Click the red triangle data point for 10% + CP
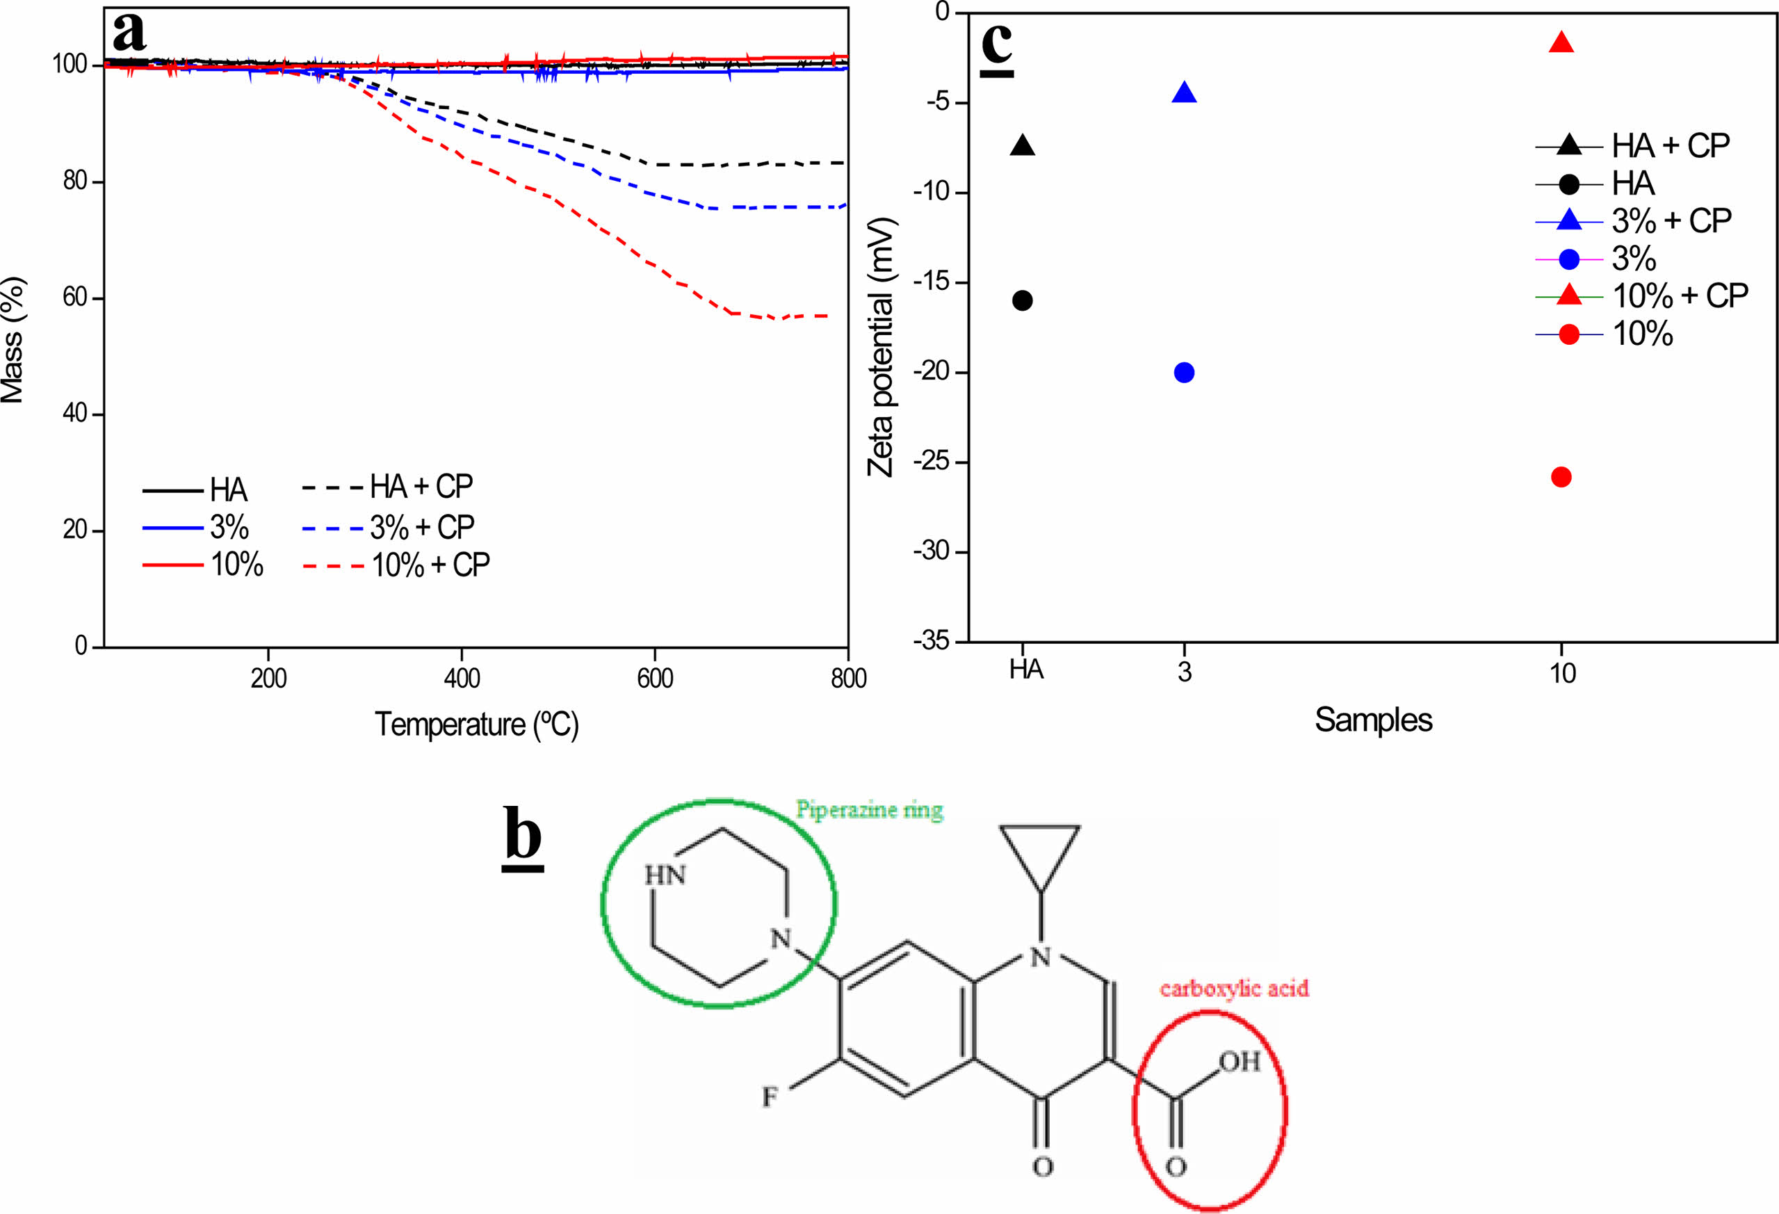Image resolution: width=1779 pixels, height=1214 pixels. (x=1561, y=44)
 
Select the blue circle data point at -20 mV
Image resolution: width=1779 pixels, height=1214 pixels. (x=1183, y=373)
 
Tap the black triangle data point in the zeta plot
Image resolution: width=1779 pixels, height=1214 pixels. (x=1022, y=146)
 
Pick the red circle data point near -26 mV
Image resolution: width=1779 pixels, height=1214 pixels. (x=1561, y=477)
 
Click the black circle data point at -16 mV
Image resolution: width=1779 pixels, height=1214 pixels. (x=1022, y=300)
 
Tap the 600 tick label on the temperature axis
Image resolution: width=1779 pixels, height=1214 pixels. (x=654, y=678)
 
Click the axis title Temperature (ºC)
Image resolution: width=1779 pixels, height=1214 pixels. (x=476, y=723)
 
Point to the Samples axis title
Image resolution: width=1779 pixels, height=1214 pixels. (x=1373, y=720)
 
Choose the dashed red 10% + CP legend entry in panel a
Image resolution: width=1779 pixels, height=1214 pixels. (x=396, y=565)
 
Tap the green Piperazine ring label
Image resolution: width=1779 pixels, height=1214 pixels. (x=869, y=809)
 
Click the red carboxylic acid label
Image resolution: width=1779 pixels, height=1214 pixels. (x=1234, y=988)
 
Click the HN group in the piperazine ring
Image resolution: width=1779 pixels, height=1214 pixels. (x=665, y=875)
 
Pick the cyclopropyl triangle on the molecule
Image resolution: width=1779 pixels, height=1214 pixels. (x=1039, y=852)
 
